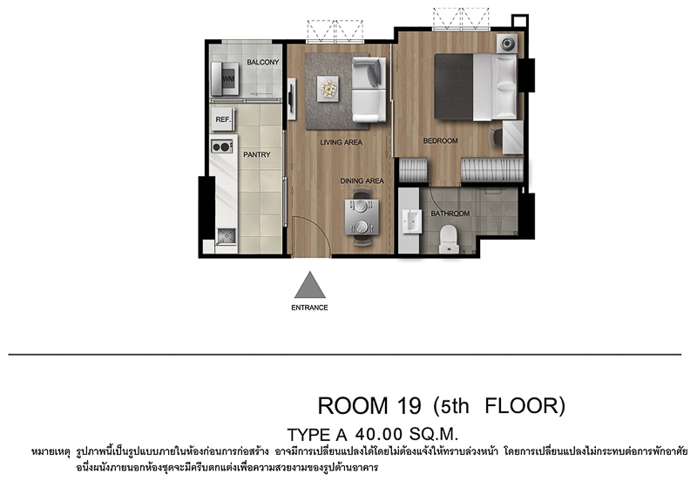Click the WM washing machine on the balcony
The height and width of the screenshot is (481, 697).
225,78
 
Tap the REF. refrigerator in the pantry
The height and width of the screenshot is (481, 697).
223,119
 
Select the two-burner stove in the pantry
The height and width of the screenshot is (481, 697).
222,146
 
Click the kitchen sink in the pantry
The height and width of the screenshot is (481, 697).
227,236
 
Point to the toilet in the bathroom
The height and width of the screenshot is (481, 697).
449,239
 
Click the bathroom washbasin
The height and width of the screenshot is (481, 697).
412,221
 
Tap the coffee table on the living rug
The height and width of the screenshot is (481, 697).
328,89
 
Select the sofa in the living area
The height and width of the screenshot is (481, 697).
369,90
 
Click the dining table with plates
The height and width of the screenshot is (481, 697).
362,216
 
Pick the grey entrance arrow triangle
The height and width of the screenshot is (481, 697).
310,286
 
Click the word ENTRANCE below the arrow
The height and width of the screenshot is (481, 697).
309,308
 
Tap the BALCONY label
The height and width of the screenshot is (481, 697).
263,62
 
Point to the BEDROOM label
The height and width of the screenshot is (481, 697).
440,141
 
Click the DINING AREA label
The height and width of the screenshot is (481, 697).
362,181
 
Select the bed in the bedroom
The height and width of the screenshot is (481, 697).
476,87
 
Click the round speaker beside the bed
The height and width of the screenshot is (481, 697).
507,44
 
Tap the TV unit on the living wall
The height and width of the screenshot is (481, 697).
291,99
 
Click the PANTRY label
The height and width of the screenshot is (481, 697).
256,155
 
